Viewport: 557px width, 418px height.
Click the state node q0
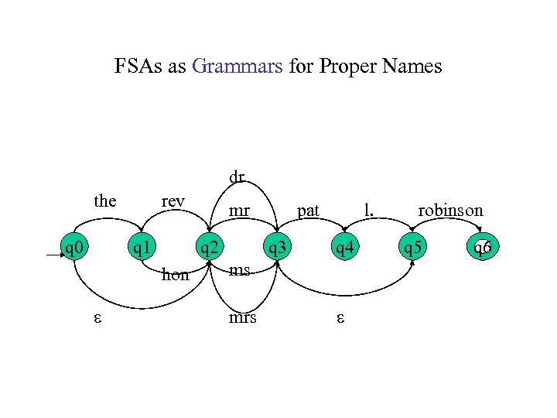pos(75,248)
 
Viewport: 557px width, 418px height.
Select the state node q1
pos(142,248)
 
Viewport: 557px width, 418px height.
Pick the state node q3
pos(276,248)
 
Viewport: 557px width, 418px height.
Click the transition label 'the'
pos(105,202)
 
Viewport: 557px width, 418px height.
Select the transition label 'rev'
pos(173,202)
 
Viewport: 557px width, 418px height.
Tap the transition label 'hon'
pos(176,274)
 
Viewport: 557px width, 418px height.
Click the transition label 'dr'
pos(237,177)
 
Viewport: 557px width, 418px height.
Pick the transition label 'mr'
pos(240,209)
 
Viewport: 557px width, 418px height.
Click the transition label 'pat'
pos(309,210)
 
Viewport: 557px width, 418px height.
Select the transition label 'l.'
pos(370,209)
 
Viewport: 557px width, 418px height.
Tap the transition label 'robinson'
pos(450,210)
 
